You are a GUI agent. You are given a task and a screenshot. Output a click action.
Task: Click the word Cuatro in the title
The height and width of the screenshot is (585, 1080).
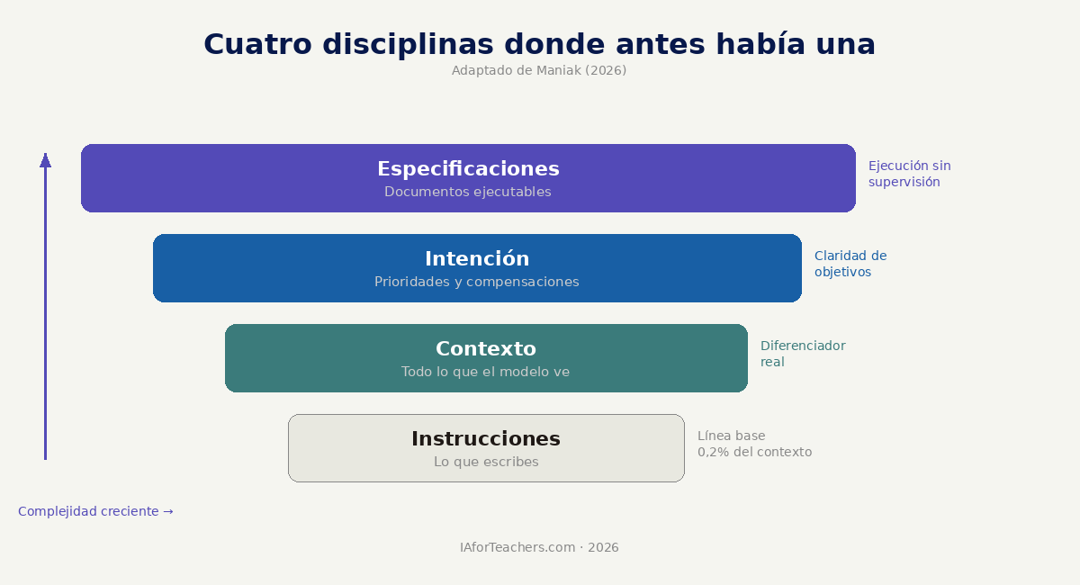click(257, 44)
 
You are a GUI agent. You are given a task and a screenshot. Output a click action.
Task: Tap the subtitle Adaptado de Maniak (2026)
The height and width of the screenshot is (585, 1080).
click(539, 70)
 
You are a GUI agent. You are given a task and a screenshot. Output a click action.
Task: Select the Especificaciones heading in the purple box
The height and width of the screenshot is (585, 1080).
click(468, 169)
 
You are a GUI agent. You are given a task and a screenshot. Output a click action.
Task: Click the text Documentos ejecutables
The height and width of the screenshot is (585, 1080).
click(468, 192)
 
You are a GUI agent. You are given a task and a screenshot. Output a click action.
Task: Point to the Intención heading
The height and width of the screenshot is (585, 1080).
click(477, 258)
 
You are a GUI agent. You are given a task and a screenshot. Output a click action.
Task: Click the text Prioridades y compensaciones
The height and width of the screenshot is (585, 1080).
click(477, 282)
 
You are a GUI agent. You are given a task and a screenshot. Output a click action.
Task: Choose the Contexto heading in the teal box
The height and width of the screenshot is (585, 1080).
click(486, 348)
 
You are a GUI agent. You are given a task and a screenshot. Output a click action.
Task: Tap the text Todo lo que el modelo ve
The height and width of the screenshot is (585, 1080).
click(485, 372)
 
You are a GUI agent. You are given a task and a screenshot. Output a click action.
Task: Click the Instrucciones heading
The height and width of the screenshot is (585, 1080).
click(486, 439)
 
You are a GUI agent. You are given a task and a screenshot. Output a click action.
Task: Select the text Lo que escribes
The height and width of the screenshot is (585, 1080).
click(486, 462)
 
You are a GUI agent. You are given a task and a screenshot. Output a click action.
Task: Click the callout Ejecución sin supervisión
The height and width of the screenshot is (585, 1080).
click(910, 174)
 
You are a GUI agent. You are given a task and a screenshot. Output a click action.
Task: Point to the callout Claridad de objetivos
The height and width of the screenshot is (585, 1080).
click(850, 264)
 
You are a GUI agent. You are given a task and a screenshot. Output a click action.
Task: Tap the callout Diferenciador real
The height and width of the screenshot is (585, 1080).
click(803, 354)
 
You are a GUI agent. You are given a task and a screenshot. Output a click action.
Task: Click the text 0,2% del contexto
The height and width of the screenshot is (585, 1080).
click(754, 453)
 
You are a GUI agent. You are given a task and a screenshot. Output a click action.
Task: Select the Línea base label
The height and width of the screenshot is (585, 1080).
click(732, 436)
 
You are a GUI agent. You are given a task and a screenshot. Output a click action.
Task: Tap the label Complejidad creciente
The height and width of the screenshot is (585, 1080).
click(88, 511)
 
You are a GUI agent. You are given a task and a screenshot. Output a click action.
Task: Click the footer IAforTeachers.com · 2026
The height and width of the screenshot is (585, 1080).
click(539, 547)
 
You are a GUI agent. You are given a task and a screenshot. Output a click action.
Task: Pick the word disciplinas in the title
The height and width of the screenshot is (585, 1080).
click(408, 44)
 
